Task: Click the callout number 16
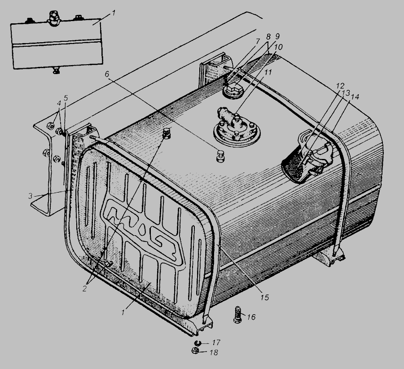[251, 316]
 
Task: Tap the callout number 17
[216, 343]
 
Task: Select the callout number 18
[214, 352]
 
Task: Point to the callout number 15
[264, 297]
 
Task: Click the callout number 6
[107, 74]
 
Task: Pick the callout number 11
[268, 72]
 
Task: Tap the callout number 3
[31, 196]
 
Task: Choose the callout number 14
[355, 97]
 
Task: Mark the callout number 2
[84, 289]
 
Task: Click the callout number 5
[66, 98]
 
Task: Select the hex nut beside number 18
[196, 351]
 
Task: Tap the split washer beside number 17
[198, 343]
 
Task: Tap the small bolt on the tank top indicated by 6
[220, 156]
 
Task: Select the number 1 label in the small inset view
[114, 13]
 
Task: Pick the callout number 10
[278, 47]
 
